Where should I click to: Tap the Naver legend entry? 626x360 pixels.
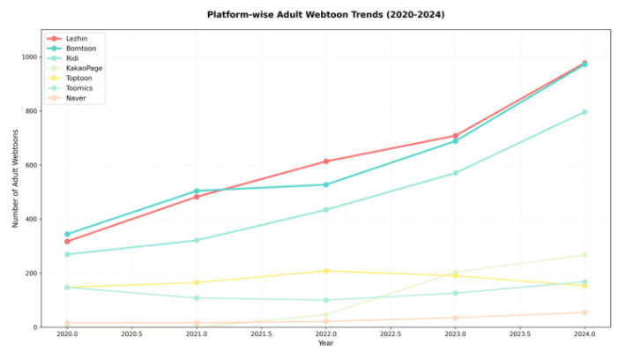pyautogui.click(x=71, y=98)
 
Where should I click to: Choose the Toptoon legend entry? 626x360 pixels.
pyautogui.click(x=76, y=78)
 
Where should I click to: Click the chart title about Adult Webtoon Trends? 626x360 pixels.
pyautogui.click(x=325, y=15)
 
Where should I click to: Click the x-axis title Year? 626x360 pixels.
pyautogui.click(x=326, y=342)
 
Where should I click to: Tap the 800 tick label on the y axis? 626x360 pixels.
pyautogui.click(x=30, y=111)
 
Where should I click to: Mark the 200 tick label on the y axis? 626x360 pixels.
pyautogui.click(x=30, y=274)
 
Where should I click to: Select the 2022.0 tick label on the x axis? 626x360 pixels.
pyautogui.click(x=326, y=334)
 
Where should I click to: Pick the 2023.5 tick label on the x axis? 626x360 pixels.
pyautogui.click(x=520, y=334)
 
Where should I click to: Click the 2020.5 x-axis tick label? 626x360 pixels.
pyautogui.click(x=131, y=334)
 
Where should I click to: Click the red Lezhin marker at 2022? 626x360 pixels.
pyautogui.click(x=326, y=161)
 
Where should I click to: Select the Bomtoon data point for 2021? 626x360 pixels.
pyautogui.click(x=197, y=191)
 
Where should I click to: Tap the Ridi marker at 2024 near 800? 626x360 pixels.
pyautogui.click(x=585, y=112)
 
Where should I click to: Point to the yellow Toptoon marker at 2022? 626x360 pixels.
pyautogui.click(x=326, y=271)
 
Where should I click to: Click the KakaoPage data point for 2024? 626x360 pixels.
pyautogui.click(x=585, y=255)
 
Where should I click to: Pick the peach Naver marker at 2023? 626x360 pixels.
pyautogui.click(x=455, y=318)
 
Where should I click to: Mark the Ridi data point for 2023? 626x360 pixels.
pyautogui.click(x=455, y=173)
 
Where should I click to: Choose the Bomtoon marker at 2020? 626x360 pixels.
pyautogui.click(x=67, y=234)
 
